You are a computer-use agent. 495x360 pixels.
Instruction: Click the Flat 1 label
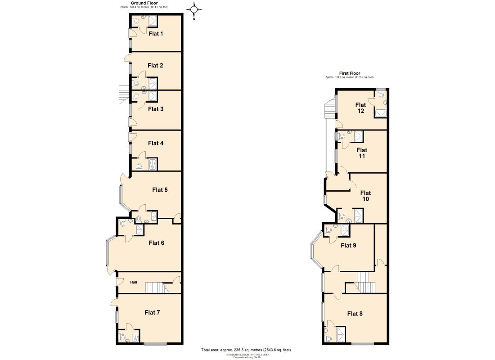tap(156, 34)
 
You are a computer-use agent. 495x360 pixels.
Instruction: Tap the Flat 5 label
tap(160, 190)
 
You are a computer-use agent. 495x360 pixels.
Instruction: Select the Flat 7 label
tap(152, 312)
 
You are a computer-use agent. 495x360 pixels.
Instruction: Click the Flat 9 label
tap(349, 245)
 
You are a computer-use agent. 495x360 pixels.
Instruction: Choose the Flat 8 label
tap(355, 314)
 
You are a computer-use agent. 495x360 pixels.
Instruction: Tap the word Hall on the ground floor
tap(134, 282)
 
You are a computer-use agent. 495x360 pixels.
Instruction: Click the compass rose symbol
tap(194, 9)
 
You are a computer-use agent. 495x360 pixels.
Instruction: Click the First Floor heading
tap(349, 73)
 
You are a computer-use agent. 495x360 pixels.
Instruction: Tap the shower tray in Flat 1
tap(153, 22)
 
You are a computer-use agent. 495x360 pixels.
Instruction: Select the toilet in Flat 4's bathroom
tap(139, 166)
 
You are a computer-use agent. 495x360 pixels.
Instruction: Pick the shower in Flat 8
tap(341, 334)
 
